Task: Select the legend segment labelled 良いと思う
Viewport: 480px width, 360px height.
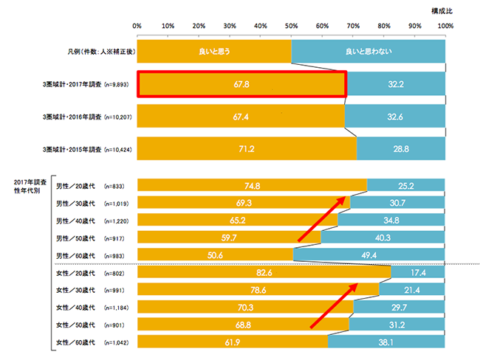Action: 215,51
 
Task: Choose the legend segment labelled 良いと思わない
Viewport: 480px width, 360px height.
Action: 368,51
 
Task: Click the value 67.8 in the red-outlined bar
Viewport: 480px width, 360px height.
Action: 241,85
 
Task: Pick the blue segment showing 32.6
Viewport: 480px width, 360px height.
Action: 395,117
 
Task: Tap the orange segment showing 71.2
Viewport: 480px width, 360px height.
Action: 247,150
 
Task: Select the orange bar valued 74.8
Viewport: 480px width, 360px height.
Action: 252,186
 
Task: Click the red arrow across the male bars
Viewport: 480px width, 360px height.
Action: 321,218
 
